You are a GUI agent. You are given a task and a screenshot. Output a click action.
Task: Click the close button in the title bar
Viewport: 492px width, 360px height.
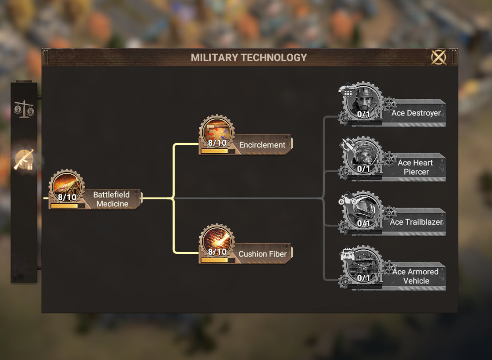(438, 57)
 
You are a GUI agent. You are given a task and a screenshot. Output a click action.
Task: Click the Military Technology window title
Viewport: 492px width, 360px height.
(249, 58)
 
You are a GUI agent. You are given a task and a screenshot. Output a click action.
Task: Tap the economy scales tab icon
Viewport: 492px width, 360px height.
(24, 109)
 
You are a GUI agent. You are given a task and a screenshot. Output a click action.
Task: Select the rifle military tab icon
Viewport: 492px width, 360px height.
(24, 159)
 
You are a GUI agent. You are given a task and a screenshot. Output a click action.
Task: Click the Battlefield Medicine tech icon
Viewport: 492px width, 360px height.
(67, 187)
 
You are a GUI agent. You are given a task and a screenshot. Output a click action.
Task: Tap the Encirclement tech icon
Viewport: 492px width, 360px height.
(217, 132)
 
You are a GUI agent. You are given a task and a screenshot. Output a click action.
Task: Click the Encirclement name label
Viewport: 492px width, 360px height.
(262, 145)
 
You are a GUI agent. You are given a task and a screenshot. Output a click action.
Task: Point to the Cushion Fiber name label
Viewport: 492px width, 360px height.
(262, 254)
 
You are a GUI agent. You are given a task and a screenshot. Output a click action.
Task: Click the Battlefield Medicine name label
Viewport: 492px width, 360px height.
(111, 199)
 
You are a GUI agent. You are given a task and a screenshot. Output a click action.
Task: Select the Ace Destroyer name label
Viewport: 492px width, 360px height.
(416, 113)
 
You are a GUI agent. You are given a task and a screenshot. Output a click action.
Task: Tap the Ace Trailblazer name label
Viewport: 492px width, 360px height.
(416, 222)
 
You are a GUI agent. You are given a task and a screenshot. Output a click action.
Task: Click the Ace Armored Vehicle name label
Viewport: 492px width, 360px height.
(415, 276)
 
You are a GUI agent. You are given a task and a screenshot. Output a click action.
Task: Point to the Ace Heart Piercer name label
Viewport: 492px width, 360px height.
(415, 167)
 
